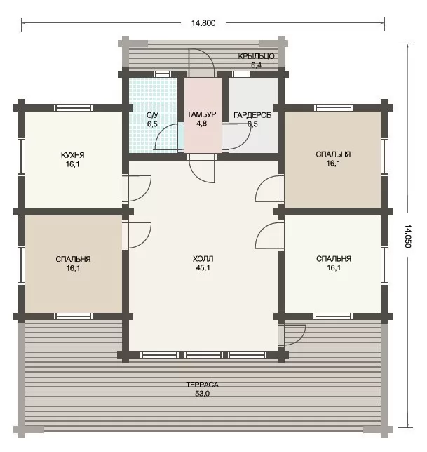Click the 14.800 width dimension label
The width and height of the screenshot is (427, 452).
pos(203,23)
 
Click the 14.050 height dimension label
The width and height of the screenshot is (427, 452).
pos(408,236)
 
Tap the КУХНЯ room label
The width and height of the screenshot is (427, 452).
pos(72,155)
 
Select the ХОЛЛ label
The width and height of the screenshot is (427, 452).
pos(203,258)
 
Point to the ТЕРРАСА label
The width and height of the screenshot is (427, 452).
pos(202,385)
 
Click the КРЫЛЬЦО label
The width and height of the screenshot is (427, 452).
pos(256,56)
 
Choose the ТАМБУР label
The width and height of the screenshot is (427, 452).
pos(201,114)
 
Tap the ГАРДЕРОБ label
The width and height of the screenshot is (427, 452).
pos(252,115)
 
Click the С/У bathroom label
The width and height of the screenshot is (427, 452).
pos(152,115)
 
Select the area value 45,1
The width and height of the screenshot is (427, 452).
pos(203,268)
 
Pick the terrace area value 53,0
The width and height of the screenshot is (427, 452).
pos(202,394)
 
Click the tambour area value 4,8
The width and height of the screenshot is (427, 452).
pos(201,124)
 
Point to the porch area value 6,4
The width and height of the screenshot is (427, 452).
pos(256,65)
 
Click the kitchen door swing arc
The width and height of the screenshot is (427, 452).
pos(145,192)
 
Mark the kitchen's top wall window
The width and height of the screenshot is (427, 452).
pos(74,108)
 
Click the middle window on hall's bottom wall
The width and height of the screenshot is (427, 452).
pos(203,354)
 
